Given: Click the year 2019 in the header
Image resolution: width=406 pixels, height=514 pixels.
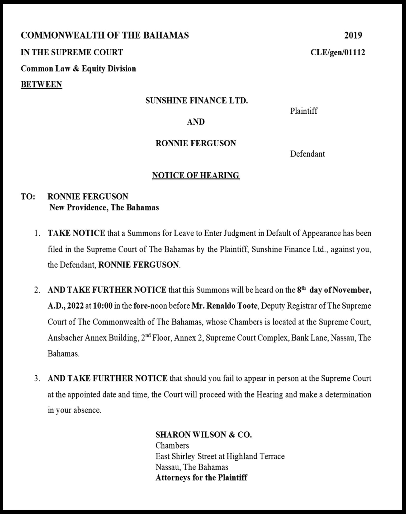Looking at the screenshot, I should pyautogui.click(x=353, y=35).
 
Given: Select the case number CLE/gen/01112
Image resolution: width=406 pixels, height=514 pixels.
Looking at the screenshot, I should pyautogui.click(x=338, y=52).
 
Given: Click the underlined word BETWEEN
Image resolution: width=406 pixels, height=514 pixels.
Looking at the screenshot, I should pyautogui.click(x=41, y=84).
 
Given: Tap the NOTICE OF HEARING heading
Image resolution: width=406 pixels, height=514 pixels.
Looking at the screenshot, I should pyautogui.click(x=196, y=175).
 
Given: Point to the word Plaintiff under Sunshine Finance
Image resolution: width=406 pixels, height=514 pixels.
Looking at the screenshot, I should pyautogui.click(x=304, y=111).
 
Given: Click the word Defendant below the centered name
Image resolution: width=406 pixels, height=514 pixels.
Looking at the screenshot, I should pyautogui.click(x=307, y=154).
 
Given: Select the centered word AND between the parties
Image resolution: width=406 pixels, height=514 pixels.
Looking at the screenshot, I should pyautogui.click(x=196, y=122).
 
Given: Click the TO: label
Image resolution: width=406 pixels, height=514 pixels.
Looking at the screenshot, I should pyautogui.click(x=28, y=197).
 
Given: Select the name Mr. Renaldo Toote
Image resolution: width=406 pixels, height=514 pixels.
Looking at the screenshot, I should pyautogui.click(x=224, y=306).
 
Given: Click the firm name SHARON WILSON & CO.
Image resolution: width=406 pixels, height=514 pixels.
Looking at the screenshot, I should pyautogui.click(x=204, y=435).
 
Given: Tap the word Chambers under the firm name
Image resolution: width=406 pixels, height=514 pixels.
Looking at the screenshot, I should pyautogui.click(x=172, y=446).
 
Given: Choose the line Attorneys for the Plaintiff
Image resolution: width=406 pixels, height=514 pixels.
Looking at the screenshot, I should pyautogui.click(x=201, y=478).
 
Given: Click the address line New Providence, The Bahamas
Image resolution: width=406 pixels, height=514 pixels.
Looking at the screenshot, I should pyautogui.click(x=104, y=207).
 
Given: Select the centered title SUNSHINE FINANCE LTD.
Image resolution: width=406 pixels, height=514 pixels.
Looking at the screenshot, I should pyautogui.click(x=196, y=100).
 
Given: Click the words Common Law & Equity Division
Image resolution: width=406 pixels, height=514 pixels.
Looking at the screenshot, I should pyautogui.click(x=78, y=69).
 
